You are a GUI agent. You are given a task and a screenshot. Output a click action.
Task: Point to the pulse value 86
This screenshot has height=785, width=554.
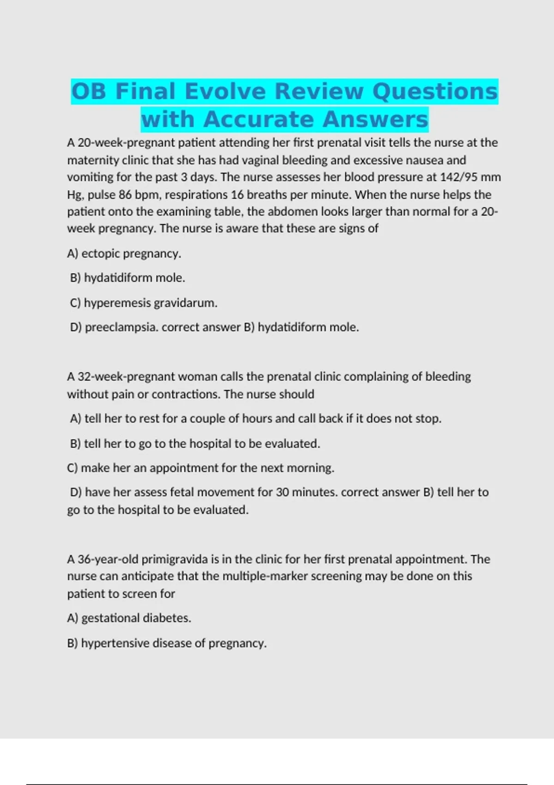click(x=125, y=195)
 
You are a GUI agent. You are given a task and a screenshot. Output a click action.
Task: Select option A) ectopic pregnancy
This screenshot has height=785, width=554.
click(x=124, y=254)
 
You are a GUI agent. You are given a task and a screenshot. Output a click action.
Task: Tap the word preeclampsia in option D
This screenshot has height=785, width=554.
click(x=121, y=327)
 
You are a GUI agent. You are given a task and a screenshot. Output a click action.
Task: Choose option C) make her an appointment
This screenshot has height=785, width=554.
click(x=200, y=468)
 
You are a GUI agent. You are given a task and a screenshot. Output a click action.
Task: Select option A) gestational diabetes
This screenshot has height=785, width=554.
click(x=129, y=618)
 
